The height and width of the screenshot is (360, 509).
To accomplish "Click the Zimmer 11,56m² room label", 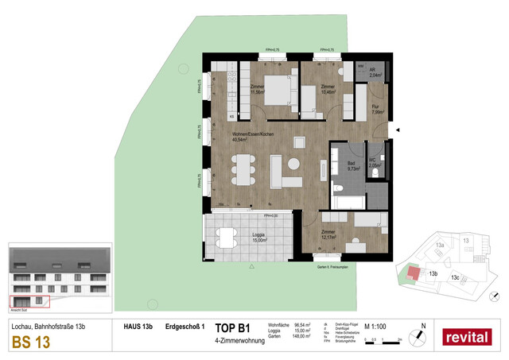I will click(x=258, y=90).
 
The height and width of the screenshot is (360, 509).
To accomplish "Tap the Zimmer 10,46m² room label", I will click(x=328, y=90).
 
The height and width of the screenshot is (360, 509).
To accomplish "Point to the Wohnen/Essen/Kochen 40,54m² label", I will click(x=253, y=137).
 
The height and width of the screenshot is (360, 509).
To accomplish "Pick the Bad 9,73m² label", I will click(x=353, y=168).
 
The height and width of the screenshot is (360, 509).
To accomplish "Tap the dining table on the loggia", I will click(x=227, y=237).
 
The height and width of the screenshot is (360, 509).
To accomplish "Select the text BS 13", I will click(x=29, y=343).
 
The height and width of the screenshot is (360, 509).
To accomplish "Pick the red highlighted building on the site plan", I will click(x=412, y=273).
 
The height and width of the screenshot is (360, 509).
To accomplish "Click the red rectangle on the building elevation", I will click(x=29, y=301).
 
